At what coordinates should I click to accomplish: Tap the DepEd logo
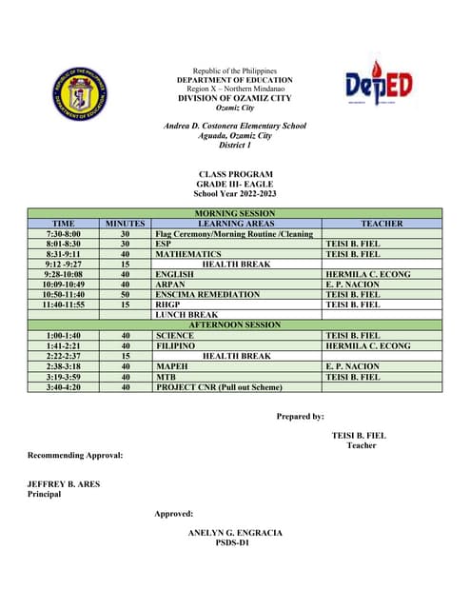380,86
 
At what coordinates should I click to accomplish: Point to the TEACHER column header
382,224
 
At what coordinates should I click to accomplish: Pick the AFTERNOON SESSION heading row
235,324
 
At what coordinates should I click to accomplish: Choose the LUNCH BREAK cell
180,314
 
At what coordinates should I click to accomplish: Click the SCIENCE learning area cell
174,335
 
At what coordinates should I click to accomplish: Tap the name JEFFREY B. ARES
63,484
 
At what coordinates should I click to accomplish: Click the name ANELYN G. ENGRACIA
236,533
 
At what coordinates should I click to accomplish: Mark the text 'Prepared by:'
300,416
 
